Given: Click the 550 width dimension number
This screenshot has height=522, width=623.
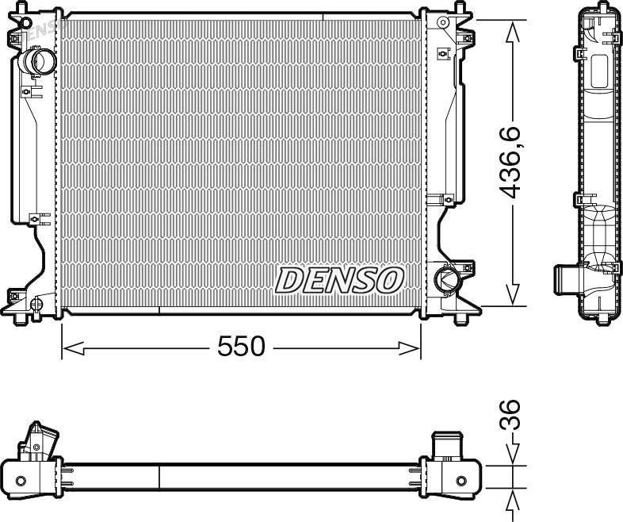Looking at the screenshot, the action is point(241,346).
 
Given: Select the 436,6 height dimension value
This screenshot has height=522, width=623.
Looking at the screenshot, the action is point(510,162).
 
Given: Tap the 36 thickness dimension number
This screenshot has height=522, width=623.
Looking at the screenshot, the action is point(510,415).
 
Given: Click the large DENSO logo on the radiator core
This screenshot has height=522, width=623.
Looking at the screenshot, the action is point(339,280).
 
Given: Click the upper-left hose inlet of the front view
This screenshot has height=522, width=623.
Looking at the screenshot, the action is point(39,61).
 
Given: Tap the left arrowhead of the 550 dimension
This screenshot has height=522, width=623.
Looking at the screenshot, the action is point(74,348).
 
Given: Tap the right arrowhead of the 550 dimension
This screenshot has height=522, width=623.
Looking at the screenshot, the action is point(409,348).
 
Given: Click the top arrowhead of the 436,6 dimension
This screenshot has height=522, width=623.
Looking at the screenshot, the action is point(513,31).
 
